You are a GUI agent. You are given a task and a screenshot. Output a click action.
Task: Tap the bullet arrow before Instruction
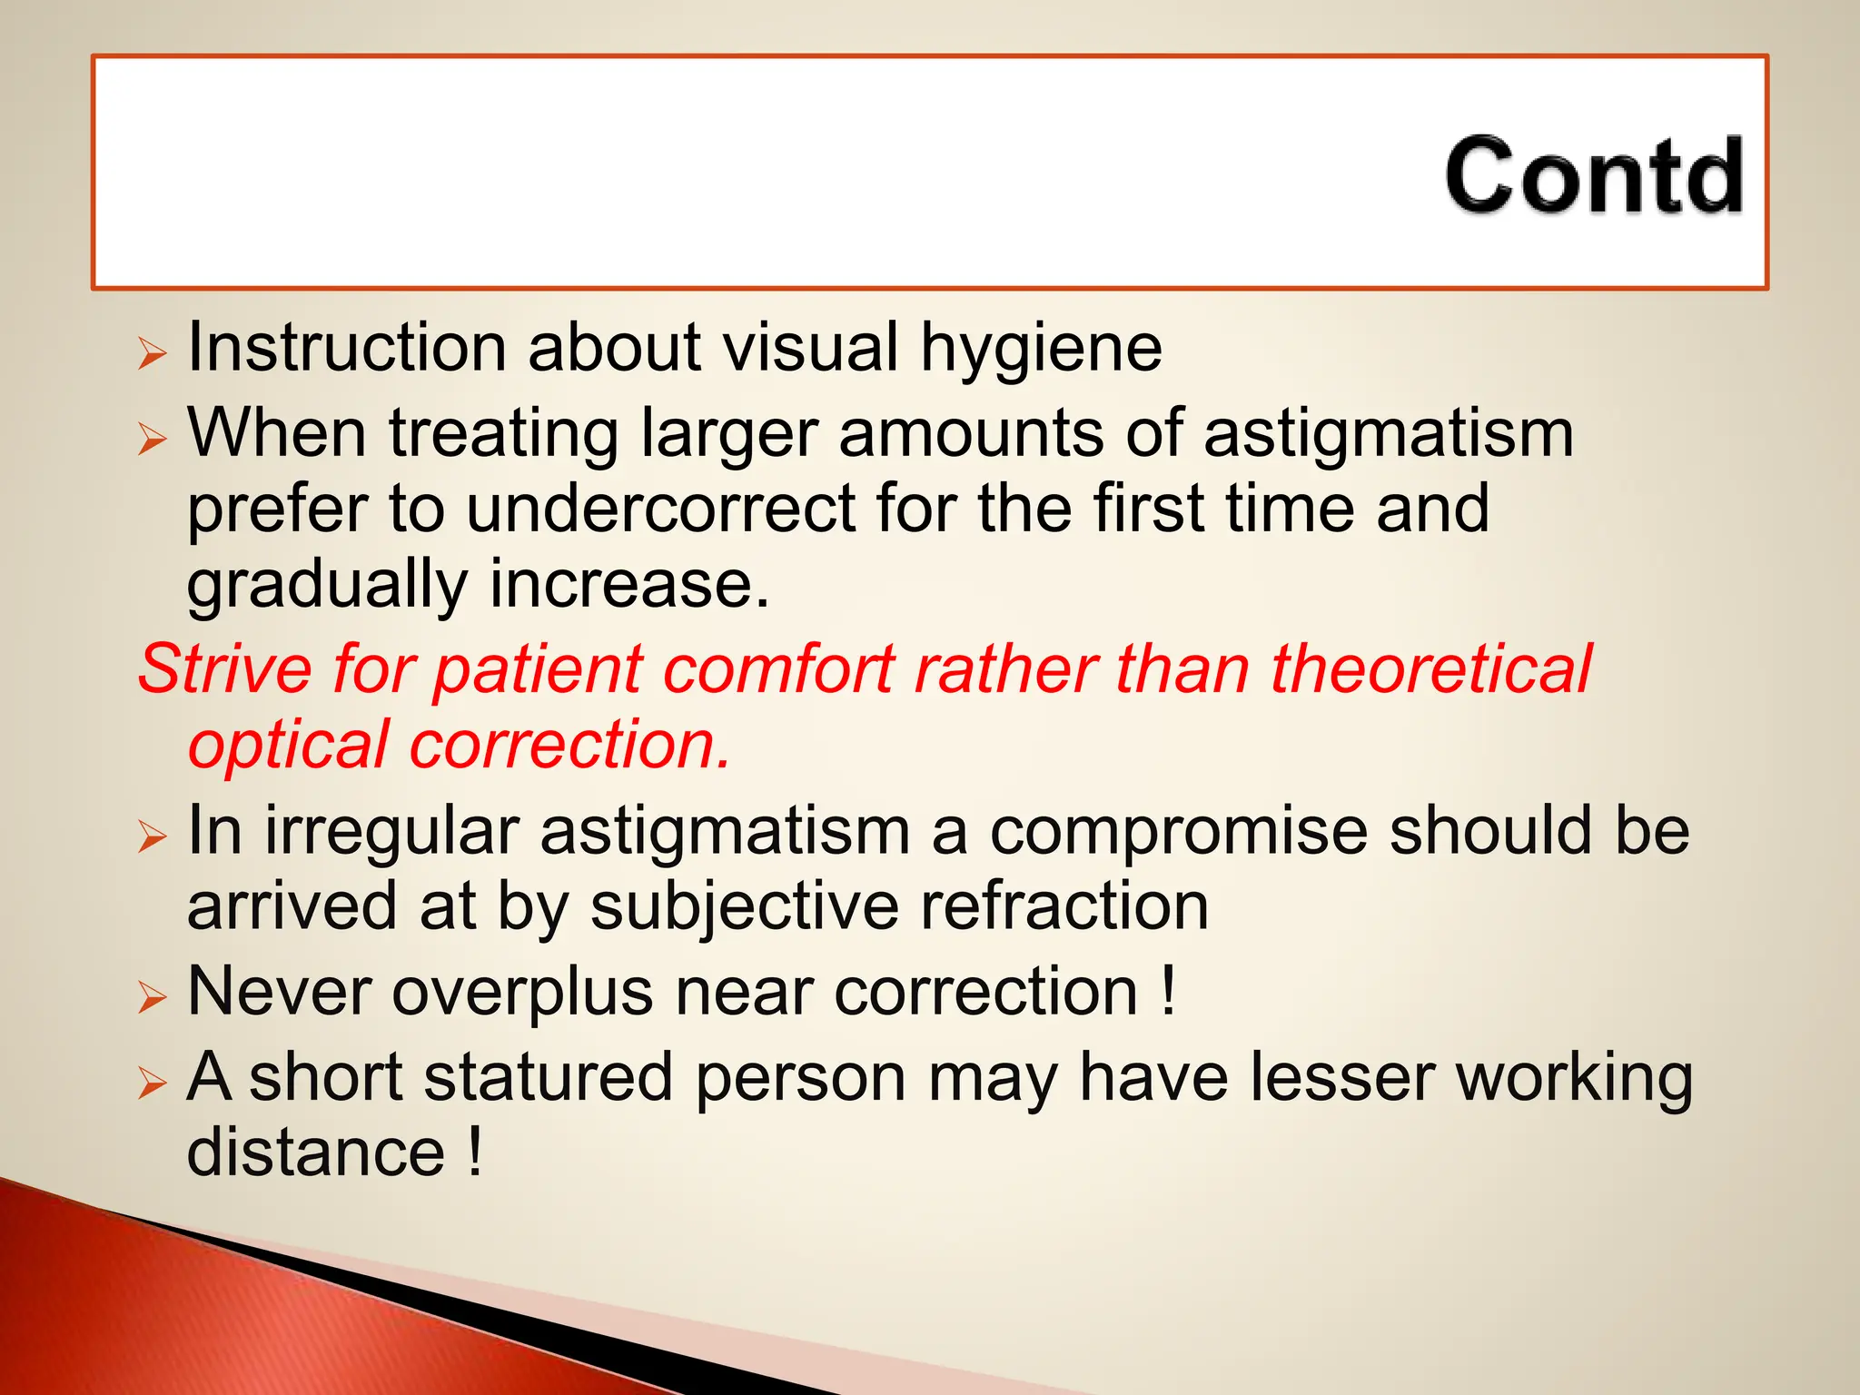152,352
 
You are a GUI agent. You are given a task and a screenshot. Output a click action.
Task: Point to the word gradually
327,586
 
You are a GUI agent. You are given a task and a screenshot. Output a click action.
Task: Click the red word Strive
225,669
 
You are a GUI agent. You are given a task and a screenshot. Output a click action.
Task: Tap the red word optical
289,746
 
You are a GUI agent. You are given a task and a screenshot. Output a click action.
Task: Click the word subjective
745,906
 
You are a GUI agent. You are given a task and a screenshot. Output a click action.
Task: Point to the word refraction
1064,906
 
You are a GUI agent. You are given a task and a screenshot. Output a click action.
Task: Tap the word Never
279,992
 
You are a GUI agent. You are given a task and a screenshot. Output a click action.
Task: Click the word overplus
522,992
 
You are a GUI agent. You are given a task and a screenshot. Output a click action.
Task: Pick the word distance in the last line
315,1153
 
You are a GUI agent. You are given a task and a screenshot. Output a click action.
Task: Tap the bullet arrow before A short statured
152,1083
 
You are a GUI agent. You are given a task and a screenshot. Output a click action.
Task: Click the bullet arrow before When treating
152,439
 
